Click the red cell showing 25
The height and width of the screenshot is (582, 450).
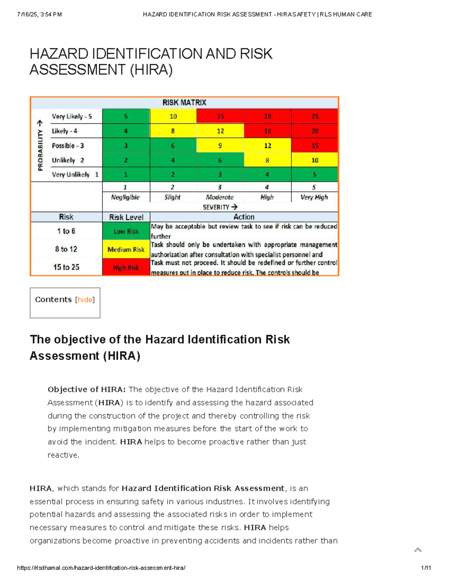point(315,116)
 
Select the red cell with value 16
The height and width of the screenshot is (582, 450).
point(267,131)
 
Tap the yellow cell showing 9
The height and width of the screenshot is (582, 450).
point(220,145)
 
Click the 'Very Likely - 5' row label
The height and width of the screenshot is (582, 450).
point(72,116)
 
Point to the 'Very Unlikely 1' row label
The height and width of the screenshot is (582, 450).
point(75,175)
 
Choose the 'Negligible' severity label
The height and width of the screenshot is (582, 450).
point(125,197)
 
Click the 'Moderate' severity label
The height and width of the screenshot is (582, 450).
point(220,197)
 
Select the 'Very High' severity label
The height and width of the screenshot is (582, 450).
point(314,197)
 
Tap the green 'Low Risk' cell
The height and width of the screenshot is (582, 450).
point(126,231)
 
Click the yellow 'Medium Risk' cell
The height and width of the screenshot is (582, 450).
point(126,250)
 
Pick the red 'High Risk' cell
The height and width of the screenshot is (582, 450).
point(126,268)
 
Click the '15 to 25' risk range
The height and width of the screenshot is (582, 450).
point(66,267)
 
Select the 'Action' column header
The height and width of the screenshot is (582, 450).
point(244,217)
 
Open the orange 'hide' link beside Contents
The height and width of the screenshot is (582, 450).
point(85,300)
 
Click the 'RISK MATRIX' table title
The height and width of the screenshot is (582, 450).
point(184,103)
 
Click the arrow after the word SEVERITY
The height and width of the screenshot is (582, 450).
point(234,207)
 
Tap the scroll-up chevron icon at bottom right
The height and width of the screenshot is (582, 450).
point(418,550)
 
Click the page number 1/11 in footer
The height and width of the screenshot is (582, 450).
point(426,568)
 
